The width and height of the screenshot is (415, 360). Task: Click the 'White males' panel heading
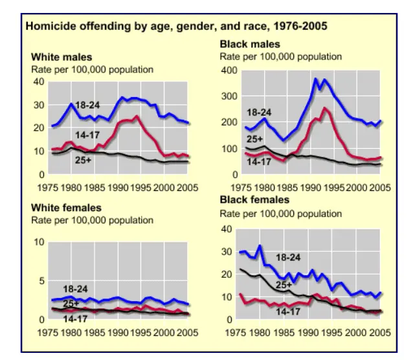(62, 58)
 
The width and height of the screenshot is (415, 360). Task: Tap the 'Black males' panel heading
(250, 45)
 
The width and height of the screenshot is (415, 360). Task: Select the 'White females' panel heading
(67, 208)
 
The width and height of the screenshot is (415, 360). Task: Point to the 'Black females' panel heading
(254, 200)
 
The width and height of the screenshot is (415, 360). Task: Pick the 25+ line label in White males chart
(84, 159)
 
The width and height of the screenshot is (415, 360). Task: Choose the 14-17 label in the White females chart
(76, 319)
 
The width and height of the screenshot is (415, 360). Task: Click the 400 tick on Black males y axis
(230, 70)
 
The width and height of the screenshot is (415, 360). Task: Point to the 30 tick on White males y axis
(39, 105)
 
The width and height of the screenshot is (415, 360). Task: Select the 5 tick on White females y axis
(42, 281)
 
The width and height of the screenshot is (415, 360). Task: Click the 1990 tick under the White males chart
(118, 188)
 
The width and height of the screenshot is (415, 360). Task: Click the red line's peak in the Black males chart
(324, 109)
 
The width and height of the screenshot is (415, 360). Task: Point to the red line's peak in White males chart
(136, 117)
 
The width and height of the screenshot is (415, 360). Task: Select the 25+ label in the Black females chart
(284, 284)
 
